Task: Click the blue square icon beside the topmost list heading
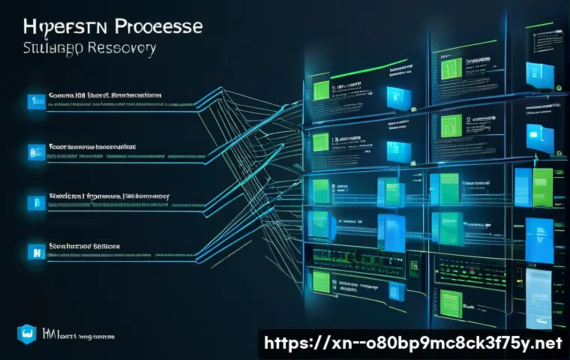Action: coord(32,100)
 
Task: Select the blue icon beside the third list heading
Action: coord(32,202)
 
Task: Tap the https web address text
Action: coord(411,344)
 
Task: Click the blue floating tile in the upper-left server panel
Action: coord(396,95)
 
